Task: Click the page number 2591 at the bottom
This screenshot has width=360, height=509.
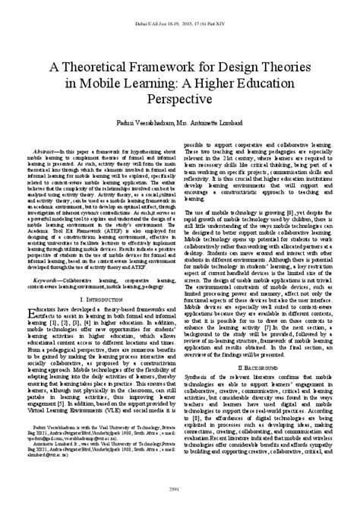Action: pos(180,498)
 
